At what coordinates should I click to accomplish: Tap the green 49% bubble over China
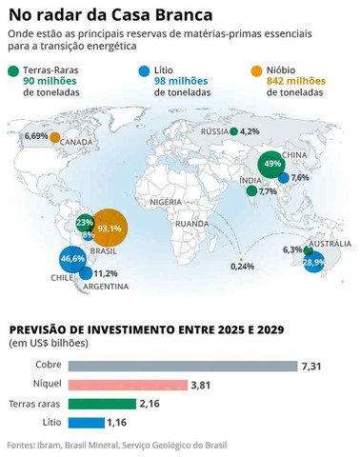point(272,164)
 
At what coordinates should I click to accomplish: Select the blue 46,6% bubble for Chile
point(72,258)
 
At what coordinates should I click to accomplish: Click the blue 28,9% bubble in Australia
point(314,260)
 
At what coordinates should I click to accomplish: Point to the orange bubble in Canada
point(55,137)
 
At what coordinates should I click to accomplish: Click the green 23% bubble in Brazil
point(85,222)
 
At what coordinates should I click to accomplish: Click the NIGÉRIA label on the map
point(166,202)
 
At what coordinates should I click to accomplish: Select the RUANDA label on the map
point(191,224)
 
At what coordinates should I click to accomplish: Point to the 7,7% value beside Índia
point(268,191)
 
